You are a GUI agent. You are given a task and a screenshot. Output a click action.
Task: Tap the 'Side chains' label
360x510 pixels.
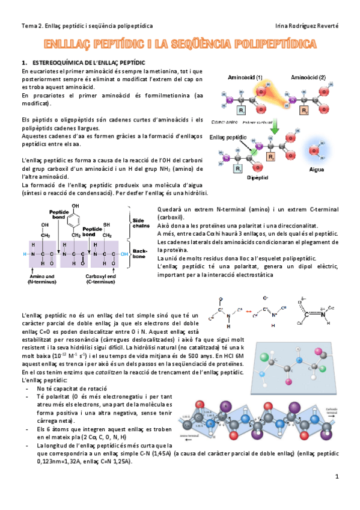click(139, 223)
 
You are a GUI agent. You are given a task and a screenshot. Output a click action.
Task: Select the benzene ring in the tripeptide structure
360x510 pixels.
click(75, 225)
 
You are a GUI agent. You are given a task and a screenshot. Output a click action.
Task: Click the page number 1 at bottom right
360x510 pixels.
click(338, 477)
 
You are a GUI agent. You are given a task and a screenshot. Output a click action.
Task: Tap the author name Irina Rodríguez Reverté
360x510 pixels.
click(307, 26)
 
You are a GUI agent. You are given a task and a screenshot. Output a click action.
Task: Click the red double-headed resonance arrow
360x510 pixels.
click(247, 312)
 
